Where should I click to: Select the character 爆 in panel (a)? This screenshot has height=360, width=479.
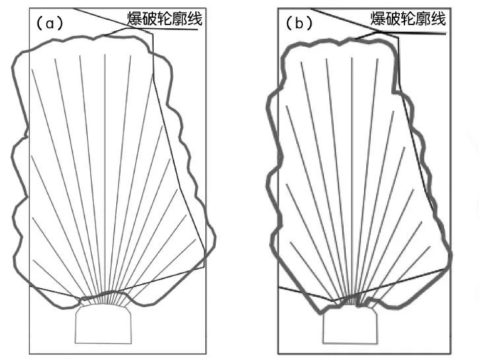tap(137, 19)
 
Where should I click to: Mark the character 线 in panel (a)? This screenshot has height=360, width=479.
tap(194, 19)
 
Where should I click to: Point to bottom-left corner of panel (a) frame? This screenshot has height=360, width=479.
tap(30, 354)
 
